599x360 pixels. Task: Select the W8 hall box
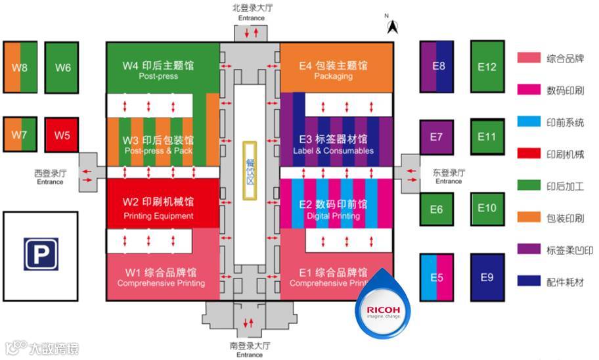click(20, 68)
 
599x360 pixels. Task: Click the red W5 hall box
click(62, 135)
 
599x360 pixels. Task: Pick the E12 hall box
click(487, 66)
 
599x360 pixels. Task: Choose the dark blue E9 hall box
click(487, 277)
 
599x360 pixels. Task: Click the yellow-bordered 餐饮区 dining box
click(250, 171)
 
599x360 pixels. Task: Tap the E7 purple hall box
click(437, 137)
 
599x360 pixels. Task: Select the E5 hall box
click(437, 277)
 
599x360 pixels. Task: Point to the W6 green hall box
click(62, 68)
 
